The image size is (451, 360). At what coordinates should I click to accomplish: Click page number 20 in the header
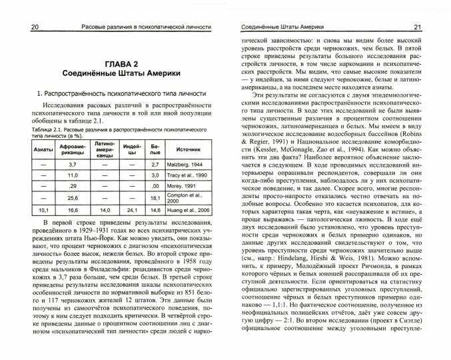click(x=18, y=27)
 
